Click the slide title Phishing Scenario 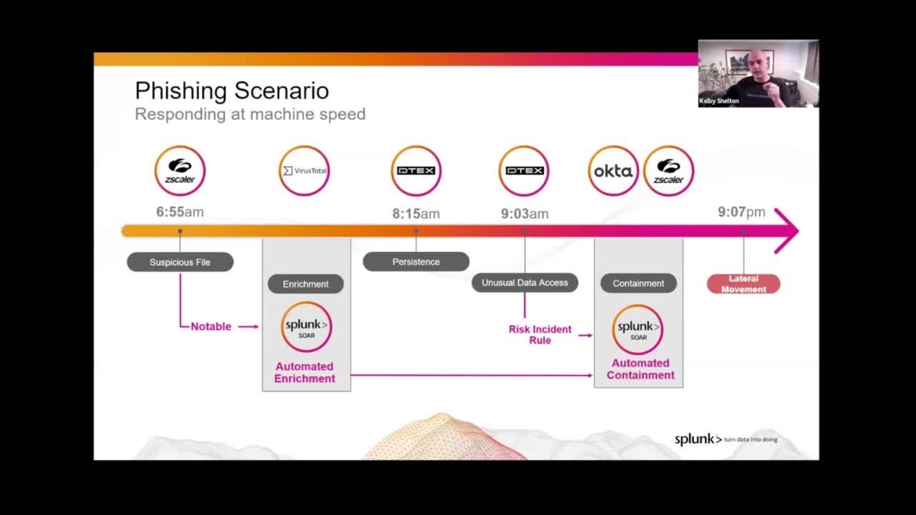click(232, 91)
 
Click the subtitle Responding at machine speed click(250, 114)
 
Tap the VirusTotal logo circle click(304, 171)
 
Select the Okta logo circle click(613, 171)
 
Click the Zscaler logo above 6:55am click(180, 171)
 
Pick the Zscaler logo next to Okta click(668, 171)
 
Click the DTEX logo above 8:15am click(416, 171)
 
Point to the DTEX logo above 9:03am click(524, 171)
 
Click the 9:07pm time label click(741, 212)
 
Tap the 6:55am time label click(180, 212)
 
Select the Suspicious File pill click(180, 263)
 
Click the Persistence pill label click(416, 262)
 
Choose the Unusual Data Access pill click(525, 283)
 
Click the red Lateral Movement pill click(744, 284)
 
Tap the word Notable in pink click(210, 326)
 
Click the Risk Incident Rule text click(540, 335)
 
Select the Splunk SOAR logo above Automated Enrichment click(306, 327)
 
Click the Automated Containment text click(640, 369)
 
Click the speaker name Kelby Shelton click(719, 102)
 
